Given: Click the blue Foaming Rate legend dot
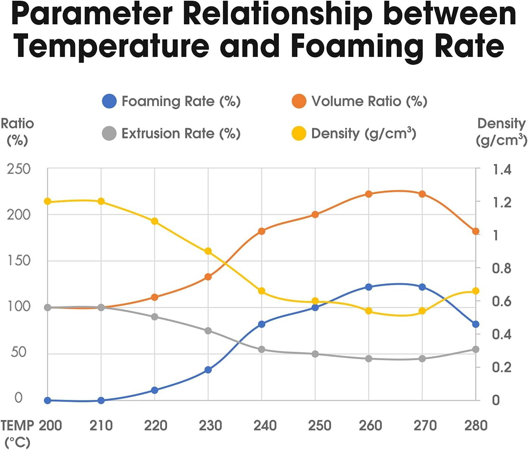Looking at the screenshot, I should point(109,101).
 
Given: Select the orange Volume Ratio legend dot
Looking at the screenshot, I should point(299,101).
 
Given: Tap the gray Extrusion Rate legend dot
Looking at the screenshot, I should point(109,133).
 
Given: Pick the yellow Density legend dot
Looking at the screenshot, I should point(299,133).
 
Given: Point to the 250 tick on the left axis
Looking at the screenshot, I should point(19,169).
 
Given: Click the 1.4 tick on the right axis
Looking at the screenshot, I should point(501,169).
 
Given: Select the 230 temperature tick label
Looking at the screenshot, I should point(210,425).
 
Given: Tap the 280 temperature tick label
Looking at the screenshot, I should point(476,425).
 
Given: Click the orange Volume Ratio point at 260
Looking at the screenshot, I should point(369,194).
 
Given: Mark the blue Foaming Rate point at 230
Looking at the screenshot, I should point(208,370).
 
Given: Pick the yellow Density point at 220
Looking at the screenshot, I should point(155,221).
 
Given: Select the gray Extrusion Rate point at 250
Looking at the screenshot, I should point(315,354).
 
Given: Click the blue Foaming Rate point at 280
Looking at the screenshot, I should point(476,324).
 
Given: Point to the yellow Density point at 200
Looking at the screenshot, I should point(48,201).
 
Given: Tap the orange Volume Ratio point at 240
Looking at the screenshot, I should point(261,231).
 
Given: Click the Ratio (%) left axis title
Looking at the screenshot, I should point(17,132).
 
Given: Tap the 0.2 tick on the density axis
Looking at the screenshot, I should point(501,367).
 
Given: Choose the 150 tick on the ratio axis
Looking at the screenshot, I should point(19,261).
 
